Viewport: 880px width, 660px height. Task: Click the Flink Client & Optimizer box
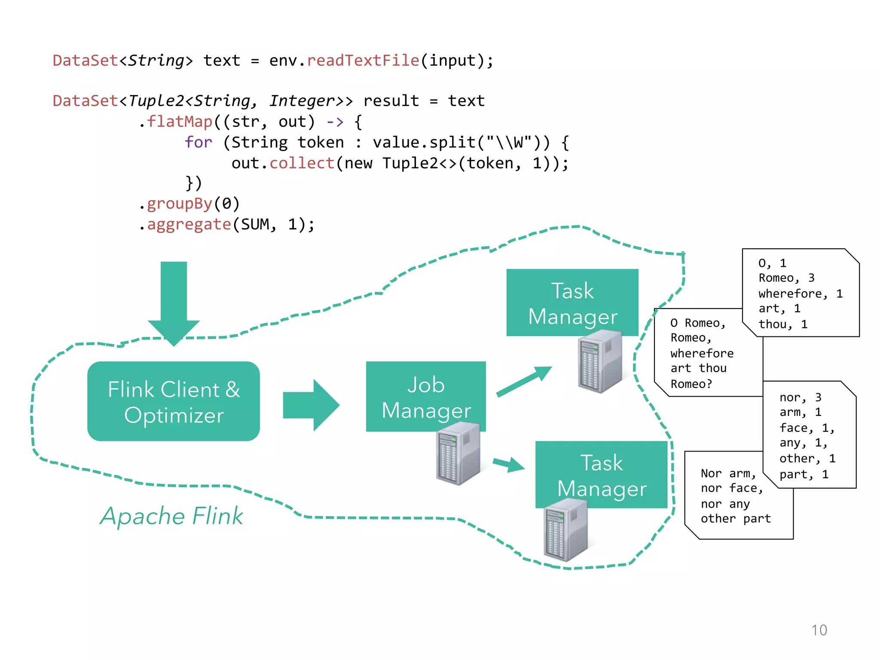click(173, 401)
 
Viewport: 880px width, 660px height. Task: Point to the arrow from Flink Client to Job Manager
click(311, 405)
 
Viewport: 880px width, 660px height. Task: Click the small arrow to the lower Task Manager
click(509, 464)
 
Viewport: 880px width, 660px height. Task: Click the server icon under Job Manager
click(458, 453)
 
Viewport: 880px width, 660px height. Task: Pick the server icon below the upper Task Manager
click(600, 361)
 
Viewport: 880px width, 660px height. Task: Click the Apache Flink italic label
click(171, 516)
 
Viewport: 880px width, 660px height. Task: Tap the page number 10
click(819, 630)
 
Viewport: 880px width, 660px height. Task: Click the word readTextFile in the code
click(363, 61)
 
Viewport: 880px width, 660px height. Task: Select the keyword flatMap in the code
click(180, 122)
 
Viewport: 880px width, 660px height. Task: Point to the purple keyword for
click(198, 142)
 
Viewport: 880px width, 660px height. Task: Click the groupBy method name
click(180, 204)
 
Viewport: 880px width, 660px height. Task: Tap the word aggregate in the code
click(189, 224)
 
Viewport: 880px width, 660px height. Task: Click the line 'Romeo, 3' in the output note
click(786, 278)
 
